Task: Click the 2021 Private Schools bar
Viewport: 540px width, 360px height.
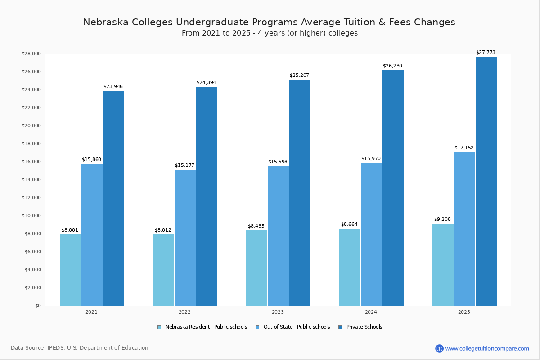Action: click(x=113, y=198)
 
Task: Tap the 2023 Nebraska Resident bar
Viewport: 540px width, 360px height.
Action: click(x=256, y=268)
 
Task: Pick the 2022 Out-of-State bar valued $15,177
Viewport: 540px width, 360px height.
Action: click(x=185, y=238)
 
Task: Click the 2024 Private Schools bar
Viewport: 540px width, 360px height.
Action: click(x=393, y=188)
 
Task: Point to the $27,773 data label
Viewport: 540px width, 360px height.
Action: click(x=486, y=53)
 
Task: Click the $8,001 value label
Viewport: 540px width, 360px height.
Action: click(x=70, y=230)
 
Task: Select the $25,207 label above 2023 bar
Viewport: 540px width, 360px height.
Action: click(x=299, y=76)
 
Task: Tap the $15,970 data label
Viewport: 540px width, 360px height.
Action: click(x=371, y=159)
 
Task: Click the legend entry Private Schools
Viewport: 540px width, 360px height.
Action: click(x=364, y=327)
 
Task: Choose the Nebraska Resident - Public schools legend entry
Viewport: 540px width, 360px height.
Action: click(x=206, y=327)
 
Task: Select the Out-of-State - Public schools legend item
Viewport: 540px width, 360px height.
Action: click(x=296, y=327)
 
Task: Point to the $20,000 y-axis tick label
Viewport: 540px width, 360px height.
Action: click(x=31, y=126)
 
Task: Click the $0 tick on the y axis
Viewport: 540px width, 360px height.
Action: click(x=37, y=306)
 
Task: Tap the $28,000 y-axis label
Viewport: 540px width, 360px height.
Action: click(x=31, y=54)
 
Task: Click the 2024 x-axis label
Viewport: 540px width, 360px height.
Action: click(x=371, y=312)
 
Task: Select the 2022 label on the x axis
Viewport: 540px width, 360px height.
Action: click(x=184, y=312)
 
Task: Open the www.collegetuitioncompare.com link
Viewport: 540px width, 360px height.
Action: click(x=487, y=348)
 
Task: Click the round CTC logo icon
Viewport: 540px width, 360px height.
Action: click(x=439, y=348)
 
